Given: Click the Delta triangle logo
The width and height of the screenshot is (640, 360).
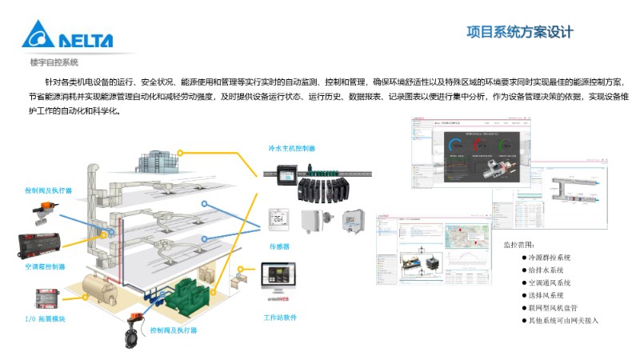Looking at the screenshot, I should click(37, 35).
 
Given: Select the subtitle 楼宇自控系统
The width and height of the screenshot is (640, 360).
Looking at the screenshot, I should click(54, 62).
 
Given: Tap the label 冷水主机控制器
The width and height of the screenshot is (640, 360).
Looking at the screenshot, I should click(292, 148).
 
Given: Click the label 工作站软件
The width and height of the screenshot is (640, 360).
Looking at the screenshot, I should click(280, 317).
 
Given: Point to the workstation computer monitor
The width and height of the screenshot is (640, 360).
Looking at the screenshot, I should click(278, 280).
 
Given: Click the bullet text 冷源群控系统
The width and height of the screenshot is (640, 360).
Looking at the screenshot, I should click(550, 258).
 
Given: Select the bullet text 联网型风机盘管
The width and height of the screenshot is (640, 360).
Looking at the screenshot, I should click(553, 307).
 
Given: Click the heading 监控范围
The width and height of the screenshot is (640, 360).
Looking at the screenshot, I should click(523, 244).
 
